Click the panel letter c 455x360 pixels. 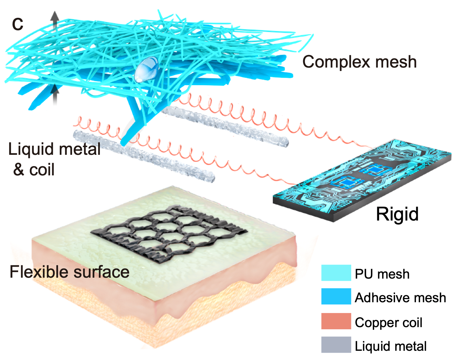click(x=18, y=24)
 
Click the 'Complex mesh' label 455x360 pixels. click(x=359, y=62)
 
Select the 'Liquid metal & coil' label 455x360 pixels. click(x=54, y=159)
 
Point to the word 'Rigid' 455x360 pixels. click(x=397, y=214)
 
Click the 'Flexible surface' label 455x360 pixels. click(x=69, y=272)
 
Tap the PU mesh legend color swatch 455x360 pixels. click(x=336, y=273)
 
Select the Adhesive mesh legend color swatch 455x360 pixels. click(x=336, y=296)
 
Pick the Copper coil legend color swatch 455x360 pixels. click(x=336, y=321)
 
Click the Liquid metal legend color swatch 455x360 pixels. click(x=336, y=345)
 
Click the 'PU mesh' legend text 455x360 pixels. click(x=382, y=274)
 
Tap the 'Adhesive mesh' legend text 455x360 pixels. click(x=400, y=298)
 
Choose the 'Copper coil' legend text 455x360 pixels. click(x=388, y=323)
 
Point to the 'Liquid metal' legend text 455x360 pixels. click(x=390, y=346)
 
